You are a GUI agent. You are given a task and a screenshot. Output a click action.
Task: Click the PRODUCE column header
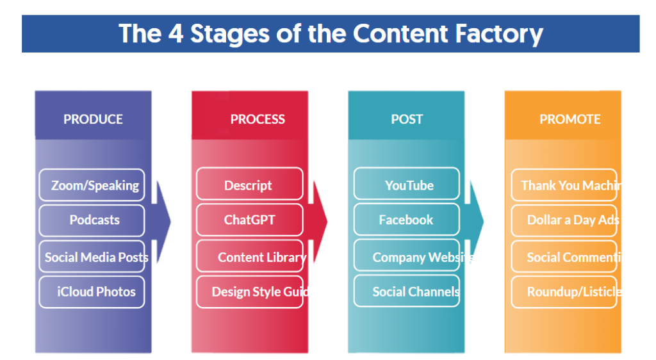pos(93,119)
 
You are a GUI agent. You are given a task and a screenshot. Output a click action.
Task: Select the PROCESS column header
pos(258,119)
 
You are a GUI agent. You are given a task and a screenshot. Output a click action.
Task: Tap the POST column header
pos(407,119)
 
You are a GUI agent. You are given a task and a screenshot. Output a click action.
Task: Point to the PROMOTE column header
pos(570,119)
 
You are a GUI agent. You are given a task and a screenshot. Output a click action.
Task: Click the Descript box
pos(249,185)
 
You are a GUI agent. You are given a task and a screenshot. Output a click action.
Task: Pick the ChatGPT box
pos(249,220)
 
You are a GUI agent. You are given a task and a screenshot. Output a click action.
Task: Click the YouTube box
pos(407,185)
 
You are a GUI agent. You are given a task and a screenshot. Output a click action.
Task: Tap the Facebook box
pos(407,220)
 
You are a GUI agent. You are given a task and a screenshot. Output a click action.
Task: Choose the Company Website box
pos(407,257)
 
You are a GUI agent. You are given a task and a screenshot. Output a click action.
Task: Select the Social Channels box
pos(407,291)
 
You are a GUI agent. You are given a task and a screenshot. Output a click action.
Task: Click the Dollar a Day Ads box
pos(564,220)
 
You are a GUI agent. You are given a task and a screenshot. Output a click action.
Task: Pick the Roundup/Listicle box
pos(564,291)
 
